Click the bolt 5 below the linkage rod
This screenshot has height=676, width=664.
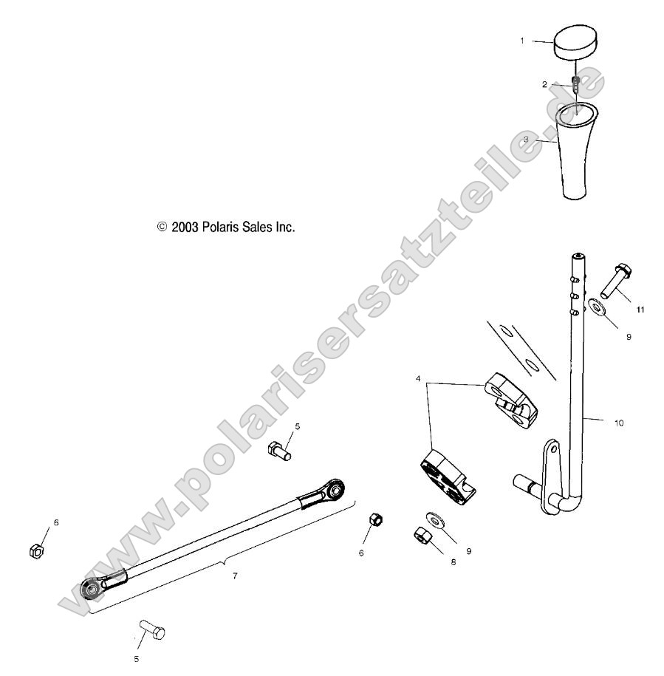(x=151, y=632)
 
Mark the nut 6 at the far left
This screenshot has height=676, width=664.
(x=35, y=550)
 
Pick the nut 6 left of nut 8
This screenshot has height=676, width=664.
(x=374, y=519)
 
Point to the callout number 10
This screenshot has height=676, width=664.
(x=619, y=423)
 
